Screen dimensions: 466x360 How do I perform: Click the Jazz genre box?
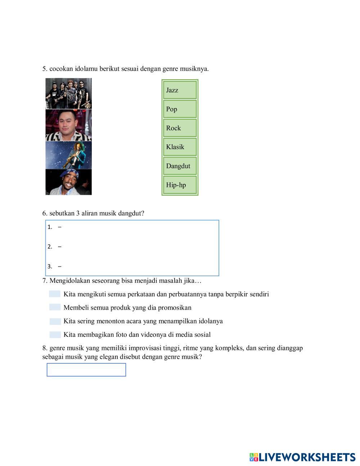point(180,90)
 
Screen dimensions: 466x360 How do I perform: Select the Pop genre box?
point(180,109)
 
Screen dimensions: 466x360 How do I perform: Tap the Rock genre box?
point(180,128)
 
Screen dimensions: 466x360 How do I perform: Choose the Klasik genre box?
point(180,147)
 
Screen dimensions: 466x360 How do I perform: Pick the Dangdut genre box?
point(180,166)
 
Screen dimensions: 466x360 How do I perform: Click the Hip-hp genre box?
point(180,185)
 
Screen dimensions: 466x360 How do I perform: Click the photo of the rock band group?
point(68,94)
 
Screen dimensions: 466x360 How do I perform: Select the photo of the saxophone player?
point(68,155)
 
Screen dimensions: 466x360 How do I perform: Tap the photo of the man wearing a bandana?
point(68,182)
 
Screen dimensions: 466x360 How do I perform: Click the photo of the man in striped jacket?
point(68,125)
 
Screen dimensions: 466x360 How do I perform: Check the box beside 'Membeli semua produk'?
point(55,308)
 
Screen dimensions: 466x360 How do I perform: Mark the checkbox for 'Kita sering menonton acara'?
point(55,321)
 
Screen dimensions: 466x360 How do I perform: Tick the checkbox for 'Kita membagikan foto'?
point(55,335)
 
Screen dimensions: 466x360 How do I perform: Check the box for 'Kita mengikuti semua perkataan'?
point(55,294)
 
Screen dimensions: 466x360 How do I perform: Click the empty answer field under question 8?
point(86,370)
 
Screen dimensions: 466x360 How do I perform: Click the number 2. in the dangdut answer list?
point(50,247)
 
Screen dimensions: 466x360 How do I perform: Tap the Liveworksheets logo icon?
point(254,457)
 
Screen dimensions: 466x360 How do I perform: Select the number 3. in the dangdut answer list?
point(50,266)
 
